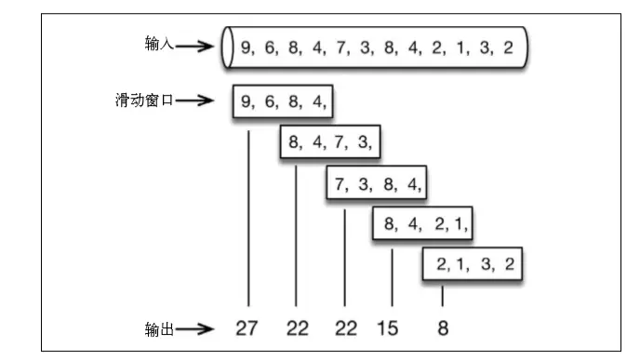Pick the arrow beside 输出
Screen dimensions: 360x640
click(199, 327)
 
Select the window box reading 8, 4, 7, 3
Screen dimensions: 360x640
click(330, 141)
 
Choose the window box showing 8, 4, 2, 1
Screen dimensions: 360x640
click(424, 223)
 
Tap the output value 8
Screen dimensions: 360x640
click(443, 327)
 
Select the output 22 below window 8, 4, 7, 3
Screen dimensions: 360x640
click(296, 327)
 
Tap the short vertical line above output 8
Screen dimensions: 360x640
click(443, 296)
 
